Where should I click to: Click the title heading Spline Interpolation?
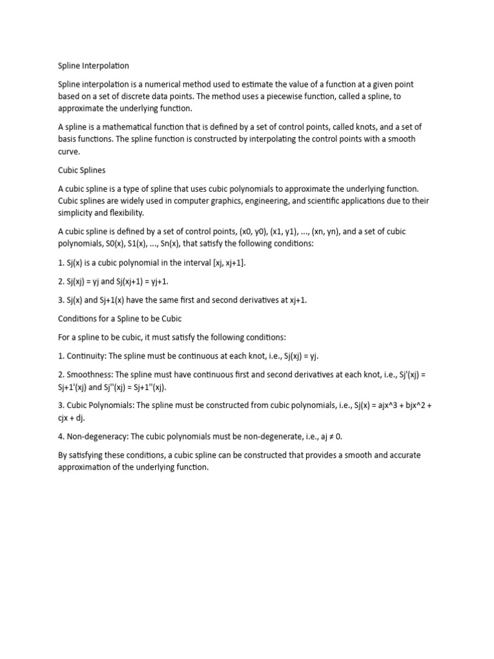[94, 66]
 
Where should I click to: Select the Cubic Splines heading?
[82, 171]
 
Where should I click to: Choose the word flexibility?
[123, 213]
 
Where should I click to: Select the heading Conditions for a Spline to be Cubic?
[120, 319]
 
